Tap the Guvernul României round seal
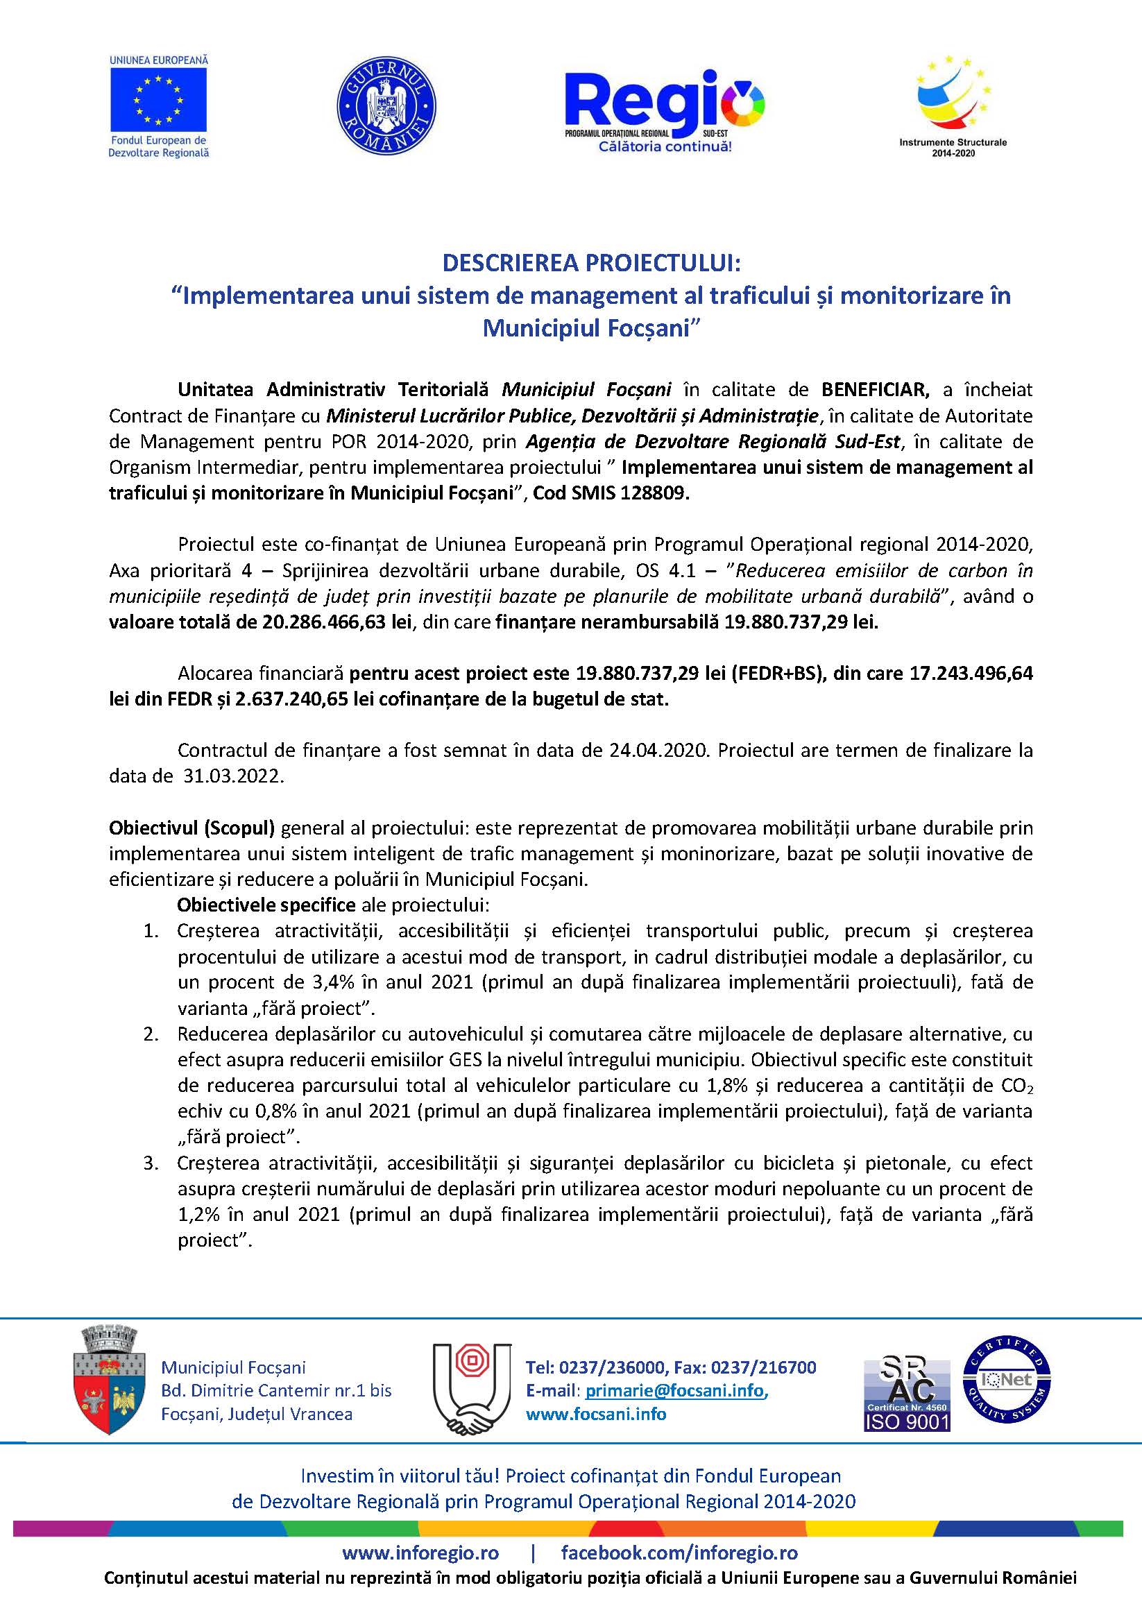tap(386, 105)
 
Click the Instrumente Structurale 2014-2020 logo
tap(953, 105)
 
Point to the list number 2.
tap(151, 1034)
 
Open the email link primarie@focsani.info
tap(674, 1391)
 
